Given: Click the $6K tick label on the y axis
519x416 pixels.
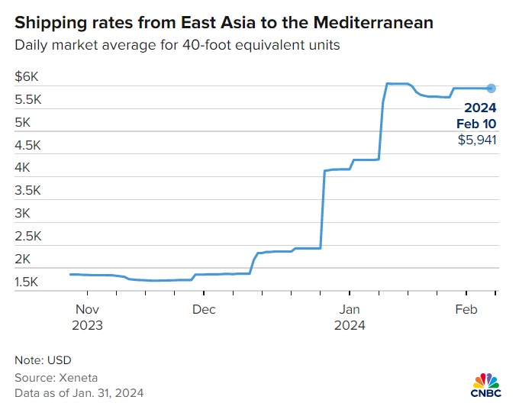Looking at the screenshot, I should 27,76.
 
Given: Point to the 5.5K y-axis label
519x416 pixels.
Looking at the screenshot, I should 29,99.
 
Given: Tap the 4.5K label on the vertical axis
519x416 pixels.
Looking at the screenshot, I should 29,145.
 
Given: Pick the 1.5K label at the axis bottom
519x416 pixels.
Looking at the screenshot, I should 29,282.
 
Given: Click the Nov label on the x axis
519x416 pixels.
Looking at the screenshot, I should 89,309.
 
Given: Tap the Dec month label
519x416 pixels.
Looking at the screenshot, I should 204,309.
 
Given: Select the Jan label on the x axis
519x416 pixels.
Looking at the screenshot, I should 350,309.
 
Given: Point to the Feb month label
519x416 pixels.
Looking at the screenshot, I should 466,309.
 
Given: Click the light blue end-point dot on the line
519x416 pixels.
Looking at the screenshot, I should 492,88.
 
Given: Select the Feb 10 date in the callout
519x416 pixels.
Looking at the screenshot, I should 477,123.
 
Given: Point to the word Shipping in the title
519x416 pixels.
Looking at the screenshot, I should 48,23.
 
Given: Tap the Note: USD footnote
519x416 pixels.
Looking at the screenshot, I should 43,360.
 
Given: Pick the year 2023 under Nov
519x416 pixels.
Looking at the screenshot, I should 89,324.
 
